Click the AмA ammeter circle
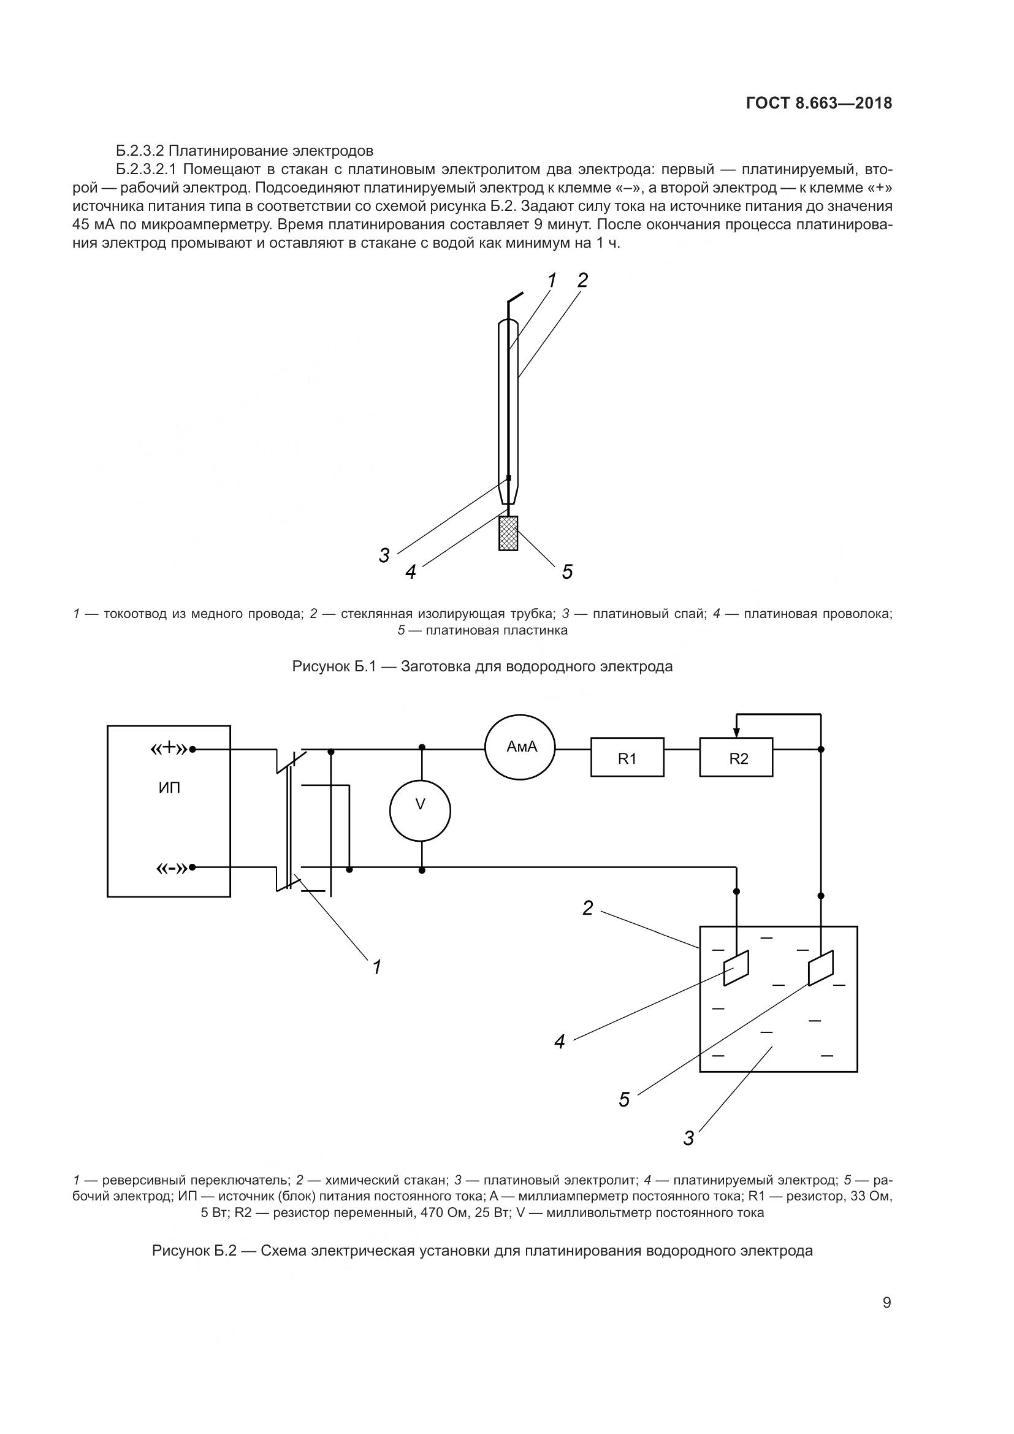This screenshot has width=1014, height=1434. (520, 747)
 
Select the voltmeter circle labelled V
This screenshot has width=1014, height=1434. (420, 810)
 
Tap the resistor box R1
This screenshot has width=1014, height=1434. (627, 759)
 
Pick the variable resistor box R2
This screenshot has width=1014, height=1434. (736, 759)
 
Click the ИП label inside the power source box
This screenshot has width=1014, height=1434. (169, 788)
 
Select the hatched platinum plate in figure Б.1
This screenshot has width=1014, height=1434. (508, 533)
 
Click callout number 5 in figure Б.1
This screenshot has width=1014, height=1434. (567, 571)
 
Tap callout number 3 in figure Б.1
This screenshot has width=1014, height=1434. (384, 555)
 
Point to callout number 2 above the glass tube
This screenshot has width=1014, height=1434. (582, 280)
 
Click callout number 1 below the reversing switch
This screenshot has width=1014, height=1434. (376, 967)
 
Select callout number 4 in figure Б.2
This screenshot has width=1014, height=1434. (560, 1041)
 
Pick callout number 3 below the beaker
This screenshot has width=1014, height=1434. (688, 1138)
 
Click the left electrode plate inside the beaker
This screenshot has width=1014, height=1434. (737, 969)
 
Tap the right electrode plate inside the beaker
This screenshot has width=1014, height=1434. (820, 969)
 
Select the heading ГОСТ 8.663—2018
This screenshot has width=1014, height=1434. (819, 104)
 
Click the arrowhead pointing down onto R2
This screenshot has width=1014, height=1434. (737, 731)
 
